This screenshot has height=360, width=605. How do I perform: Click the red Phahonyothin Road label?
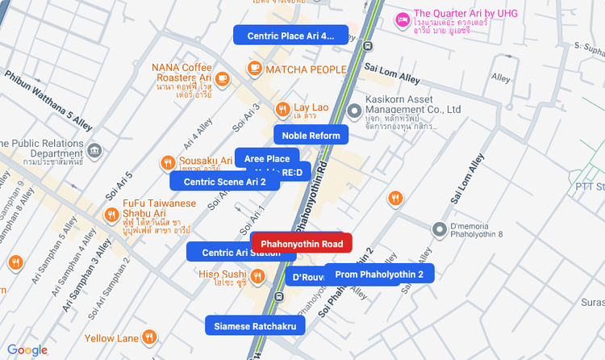pyautogui.click(x=302, y=244)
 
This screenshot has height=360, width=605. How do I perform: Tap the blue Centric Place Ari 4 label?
pyautogui.click(x=290, y=36)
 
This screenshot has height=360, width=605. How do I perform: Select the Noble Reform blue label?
pyautogui.click(x=311, y=135)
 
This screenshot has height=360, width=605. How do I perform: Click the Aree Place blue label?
pyautogui.click(x=267, y=158)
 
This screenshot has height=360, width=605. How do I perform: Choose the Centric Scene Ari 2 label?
pyautogui.click(x=224, y=182)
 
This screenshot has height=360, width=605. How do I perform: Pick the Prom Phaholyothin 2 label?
pyautogui.click(x=379, y=274)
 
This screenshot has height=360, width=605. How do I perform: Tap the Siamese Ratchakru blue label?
pyautogui.click(x=255, y=326)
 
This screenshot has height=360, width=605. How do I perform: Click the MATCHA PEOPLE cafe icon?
pyautogui.click(x=255, y=69)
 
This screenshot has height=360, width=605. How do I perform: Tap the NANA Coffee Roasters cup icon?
pyautogui.click(x=222, y=78)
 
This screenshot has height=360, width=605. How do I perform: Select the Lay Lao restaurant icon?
pyautogui.click(x=282, y=108)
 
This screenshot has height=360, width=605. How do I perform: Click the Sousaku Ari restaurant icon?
pyautogui.click(x=169, y=162)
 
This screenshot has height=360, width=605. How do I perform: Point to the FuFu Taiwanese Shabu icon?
pyautogui.click(x=111, y=214)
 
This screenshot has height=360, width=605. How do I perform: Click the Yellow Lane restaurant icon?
pyautogui.click(x=149, y=337)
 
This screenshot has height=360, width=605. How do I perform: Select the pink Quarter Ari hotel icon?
pyautogui.click(x=402, y=19)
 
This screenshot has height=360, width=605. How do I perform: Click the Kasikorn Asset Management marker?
pyautogui.click(x=353, y=110)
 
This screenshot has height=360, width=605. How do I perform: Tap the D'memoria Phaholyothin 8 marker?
pyautogui.click(x=440, y=229)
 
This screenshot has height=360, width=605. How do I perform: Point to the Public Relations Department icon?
pyautogui.click(x=95, y=151)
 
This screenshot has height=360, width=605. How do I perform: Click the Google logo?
pyautogui.click(x=27, y=350)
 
